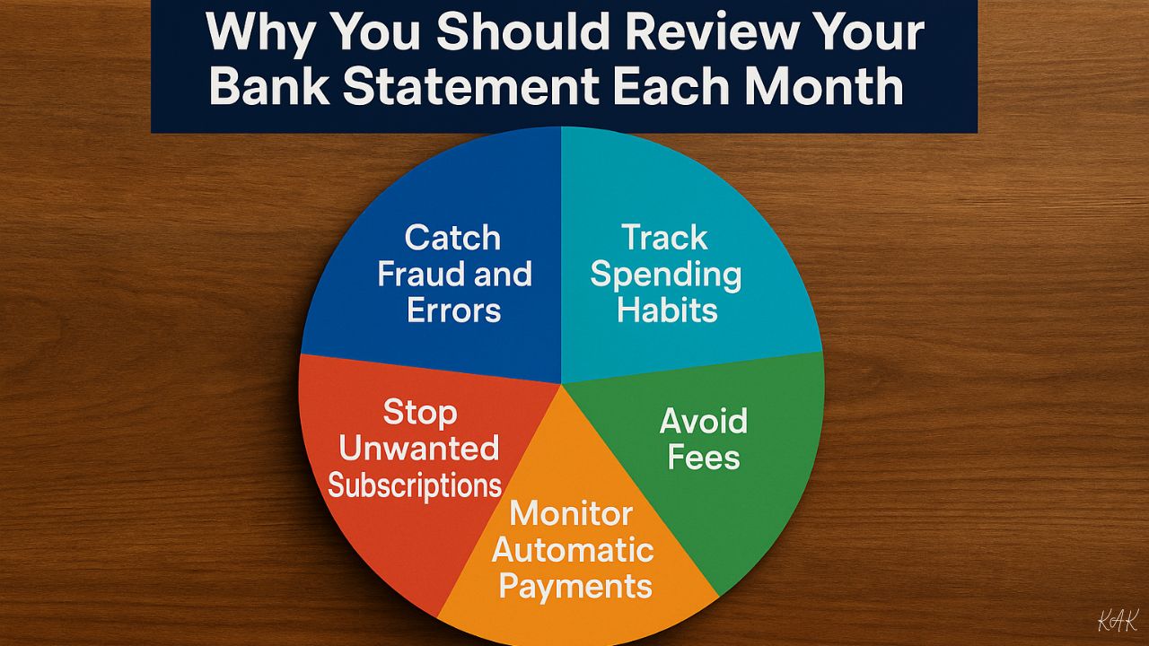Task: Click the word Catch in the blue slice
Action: (452, 238)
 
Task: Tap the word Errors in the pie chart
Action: (453, 310)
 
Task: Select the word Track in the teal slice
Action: (665, 238)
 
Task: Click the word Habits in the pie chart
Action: (667, 310)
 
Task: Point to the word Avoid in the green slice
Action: (704, 421)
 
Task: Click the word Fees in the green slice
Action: (704, 458)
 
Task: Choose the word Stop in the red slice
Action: (419, 413)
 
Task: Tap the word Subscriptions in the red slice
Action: (415, 485)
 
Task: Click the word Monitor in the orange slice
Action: (571, 514)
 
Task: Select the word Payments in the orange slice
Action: (575, 587)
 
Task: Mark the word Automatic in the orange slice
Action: (573, 550)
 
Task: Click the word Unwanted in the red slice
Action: (418, 448)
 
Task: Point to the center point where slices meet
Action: (561, 383)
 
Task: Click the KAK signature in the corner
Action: (1118, 620)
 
